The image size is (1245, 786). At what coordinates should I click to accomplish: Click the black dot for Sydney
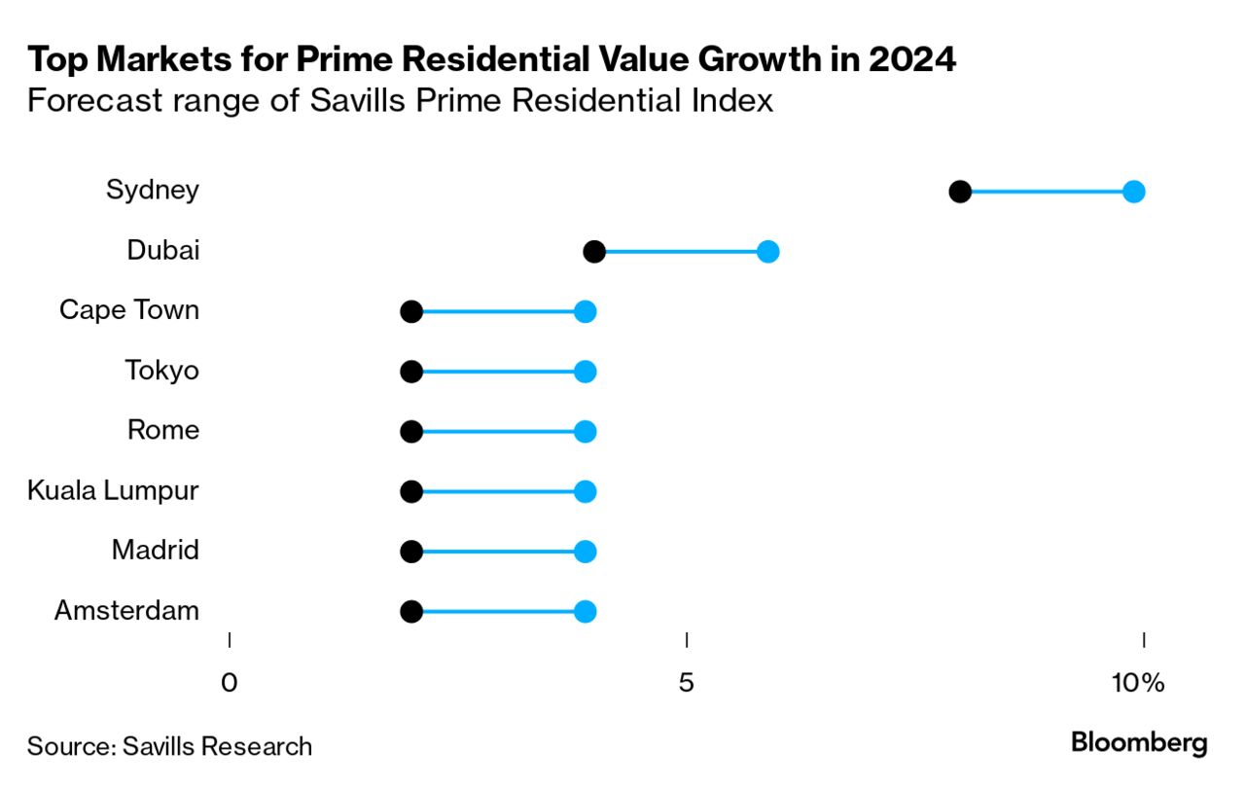click(x=960, y=192)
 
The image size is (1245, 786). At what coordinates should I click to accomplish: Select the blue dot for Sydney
click(x=1133, y=192)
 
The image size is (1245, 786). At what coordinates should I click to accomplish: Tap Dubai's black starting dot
click(x=594, y=252)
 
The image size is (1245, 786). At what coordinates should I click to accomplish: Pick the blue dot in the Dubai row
click(x=767, y=252)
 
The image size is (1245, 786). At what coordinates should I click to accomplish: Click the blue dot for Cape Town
click(x=585, y=312)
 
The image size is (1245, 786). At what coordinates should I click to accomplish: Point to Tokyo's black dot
click(x=411, y=372)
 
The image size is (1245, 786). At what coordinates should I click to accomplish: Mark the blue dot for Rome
click(x=585, y=432)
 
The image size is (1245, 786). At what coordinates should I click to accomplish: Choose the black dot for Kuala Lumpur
click(x=411, y=492)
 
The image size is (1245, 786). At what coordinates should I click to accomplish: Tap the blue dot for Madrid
click(x=585, y=552)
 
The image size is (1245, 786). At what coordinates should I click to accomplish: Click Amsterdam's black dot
click(x=411, y=612)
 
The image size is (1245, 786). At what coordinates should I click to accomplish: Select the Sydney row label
click(x=153, y=190)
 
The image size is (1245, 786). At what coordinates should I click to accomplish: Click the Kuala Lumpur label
click(x=113, y=490)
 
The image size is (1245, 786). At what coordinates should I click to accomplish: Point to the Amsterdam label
click(x=126, y=611)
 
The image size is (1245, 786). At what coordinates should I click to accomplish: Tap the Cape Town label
click(x=129, y=310)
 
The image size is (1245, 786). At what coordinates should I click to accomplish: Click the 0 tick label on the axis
click(x=230, y=684)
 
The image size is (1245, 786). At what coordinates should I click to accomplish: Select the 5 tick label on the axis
click(x=687, y=684)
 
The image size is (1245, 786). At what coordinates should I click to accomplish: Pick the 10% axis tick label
click(x=1138, y=684)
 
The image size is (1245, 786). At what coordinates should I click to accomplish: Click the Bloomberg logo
click(x=1139, y=744)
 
